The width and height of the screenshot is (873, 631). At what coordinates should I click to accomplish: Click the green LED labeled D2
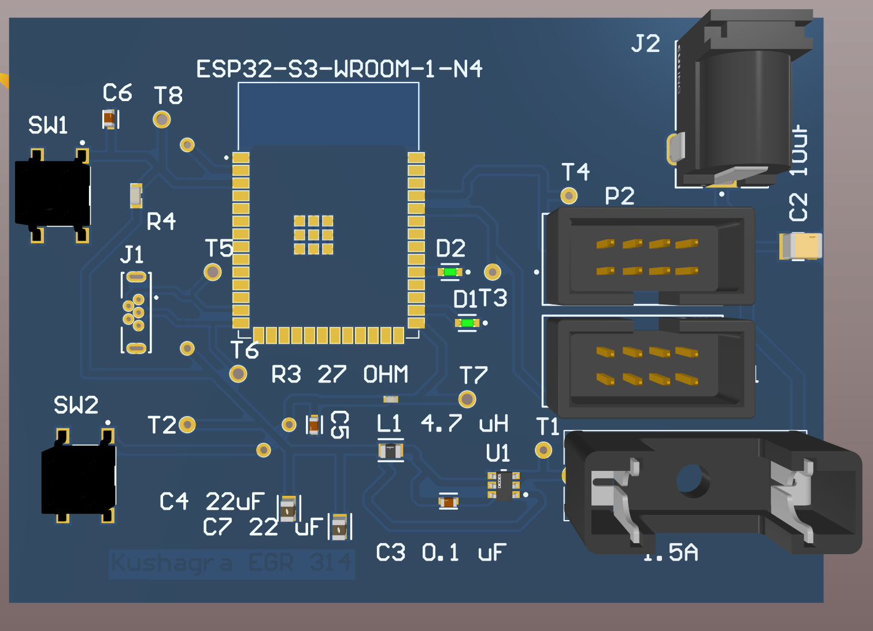[x=450, y=272]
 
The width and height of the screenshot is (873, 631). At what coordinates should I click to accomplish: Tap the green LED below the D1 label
[x=467, y=323]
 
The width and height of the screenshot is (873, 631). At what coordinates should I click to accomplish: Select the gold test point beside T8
[x=162, y=120]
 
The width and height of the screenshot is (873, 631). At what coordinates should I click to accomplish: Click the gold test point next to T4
[x=569, y=196]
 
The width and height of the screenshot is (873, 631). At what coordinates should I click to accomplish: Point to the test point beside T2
[x=187, y=425]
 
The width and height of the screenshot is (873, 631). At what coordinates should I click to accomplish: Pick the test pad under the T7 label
[x=467, y=399]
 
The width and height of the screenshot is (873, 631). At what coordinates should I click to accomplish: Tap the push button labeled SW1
[x=53, y=194]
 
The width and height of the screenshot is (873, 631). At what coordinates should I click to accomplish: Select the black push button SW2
[x=79, y=478]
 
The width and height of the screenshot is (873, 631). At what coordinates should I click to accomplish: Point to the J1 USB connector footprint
[x=136, y=312]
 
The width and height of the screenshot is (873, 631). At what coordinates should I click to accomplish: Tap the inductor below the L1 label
[x=391, y=450]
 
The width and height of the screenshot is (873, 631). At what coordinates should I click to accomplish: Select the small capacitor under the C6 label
[x=109, y=119]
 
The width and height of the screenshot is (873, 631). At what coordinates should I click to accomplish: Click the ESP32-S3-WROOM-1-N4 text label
[x=339, y=69]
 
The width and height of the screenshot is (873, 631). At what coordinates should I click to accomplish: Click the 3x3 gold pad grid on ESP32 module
[x=313, y=235]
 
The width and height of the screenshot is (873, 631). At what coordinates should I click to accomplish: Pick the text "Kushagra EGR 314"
[x=231, y=563]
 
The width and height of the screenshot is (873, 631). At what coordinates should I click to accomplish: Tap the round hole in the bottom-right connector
[x=689, y=479]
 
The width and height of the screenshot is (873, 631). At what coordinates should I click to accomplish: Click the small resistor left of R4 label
[x=136, y=195]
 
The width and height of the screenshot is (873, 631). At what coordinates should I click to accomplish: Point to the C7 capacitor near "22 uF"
[x=339, y=526]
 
